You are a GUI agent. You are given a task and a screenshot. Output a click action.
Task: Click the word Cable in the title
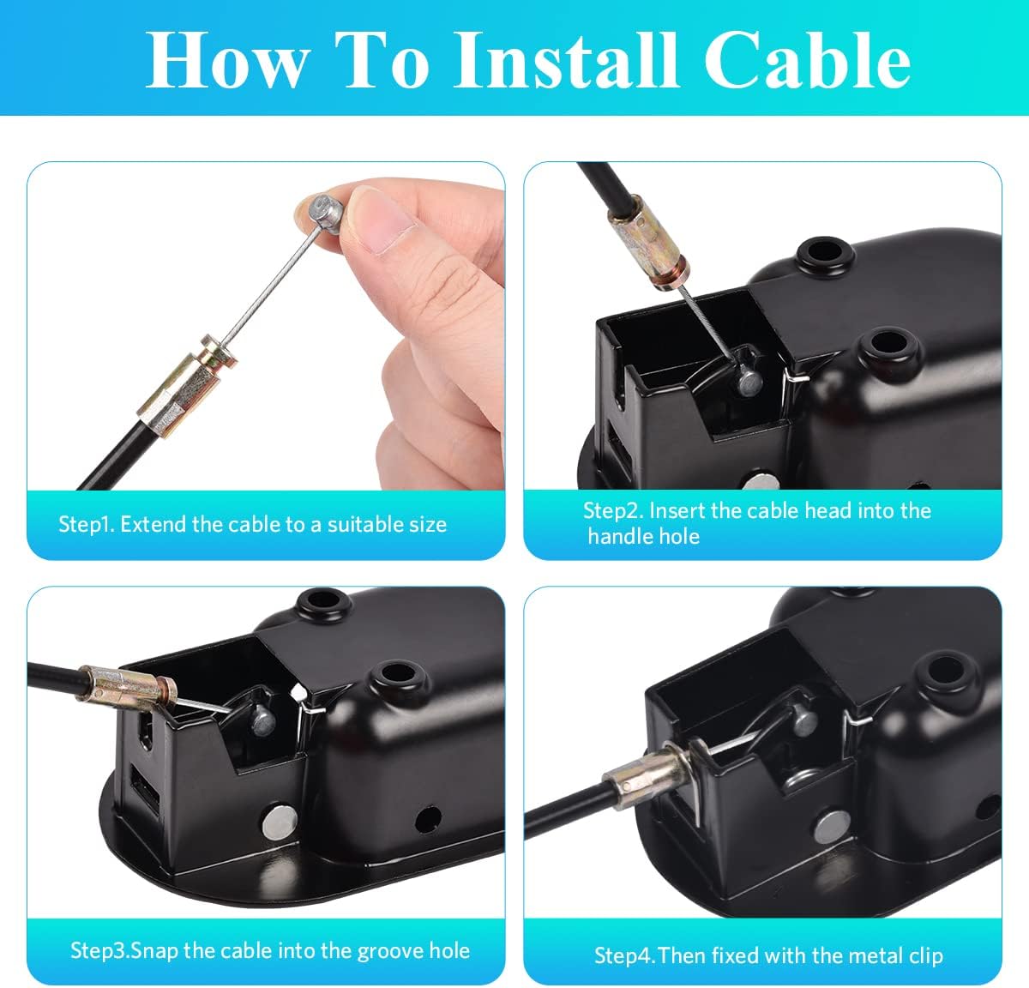tap(808, 60)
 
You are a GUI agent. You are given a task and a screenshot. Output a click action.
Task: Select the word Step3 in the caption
tap(99, 950)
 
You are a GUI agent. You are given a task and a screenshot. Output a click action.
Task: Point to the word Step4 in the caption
tap(623, 955)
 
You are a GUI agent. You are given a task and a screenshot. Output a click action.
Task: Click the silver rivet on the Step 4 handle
tap(828, 827)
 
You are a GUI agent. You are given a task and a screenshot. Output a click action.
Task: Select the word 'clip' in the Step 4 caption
tap(924, 955)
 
